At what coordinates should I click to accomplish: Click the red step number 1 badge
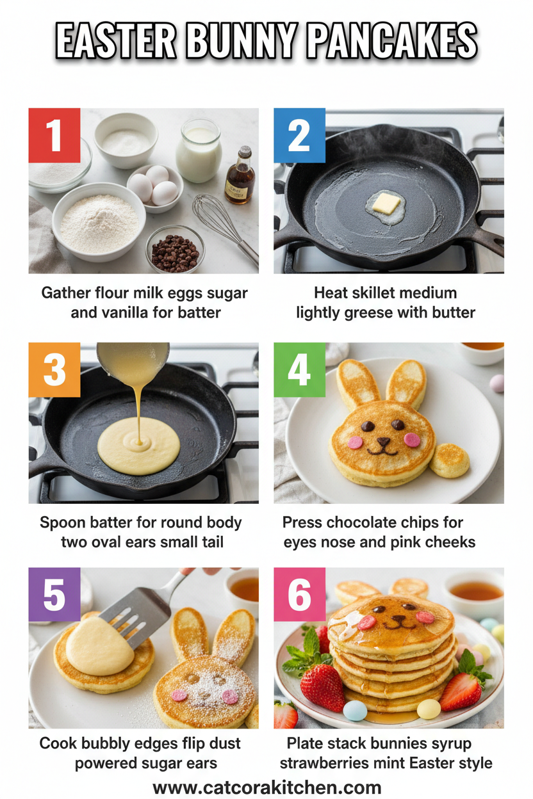coord(54,134)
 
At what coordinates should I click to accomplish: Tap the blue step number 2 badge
coord(299,134)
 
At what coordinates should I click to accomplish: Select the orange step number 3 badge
coord(54,369)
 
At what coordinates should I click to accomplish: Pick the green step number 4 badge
coord(299,369)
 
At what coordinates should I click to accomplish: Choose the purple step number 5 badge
coord(54,594)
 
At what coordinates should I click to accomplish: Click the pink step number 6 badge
coord(299,594)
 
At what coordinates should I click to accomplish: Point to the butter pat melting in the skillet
coord(386,204)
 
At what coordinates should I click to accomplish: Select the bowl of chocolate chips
coord(174,250)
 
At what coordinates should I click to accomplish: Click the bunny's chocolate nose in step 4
coord(384,441)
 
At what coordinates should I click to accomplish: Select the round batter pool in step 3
coord(138,448)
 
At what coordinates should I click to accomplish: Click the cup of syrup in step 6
coord(475,590)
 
